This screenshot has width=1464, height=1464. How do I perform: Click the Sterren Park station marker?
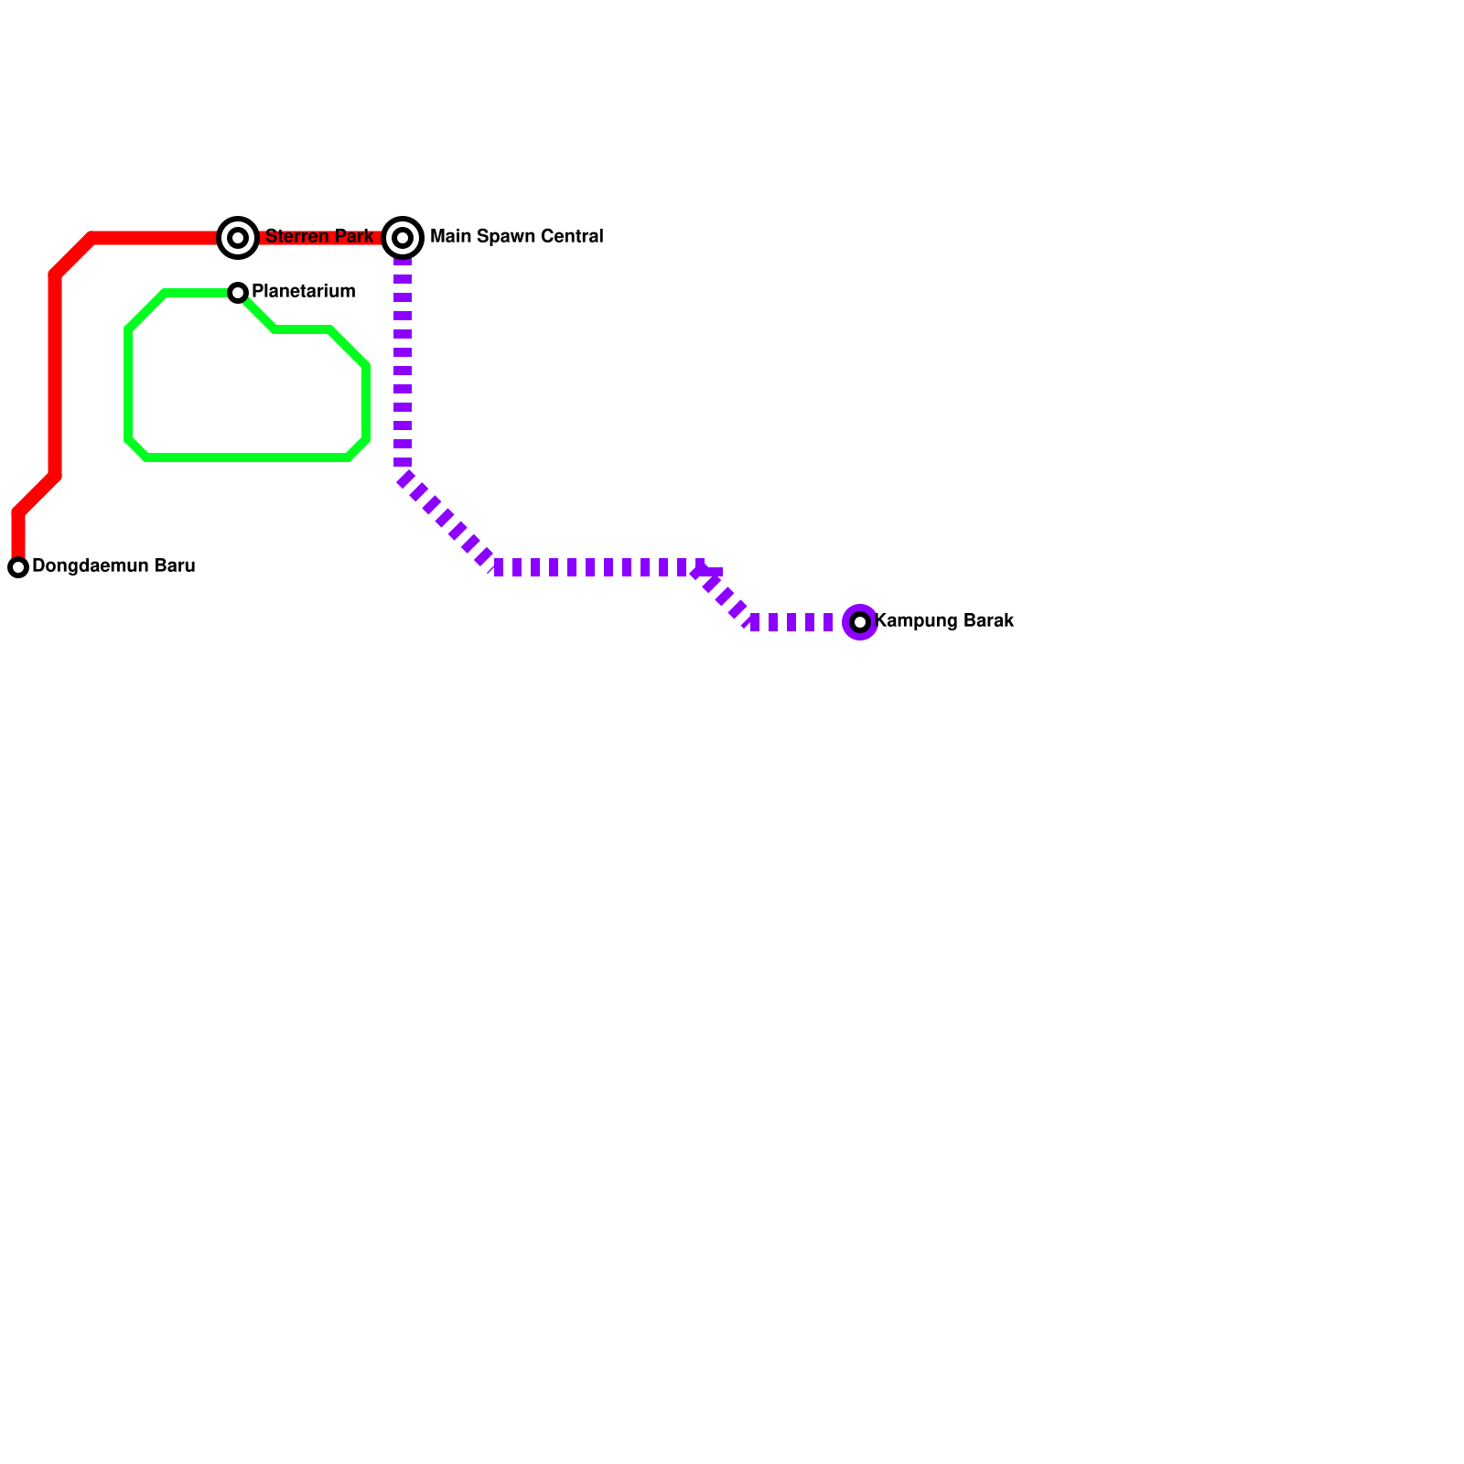(238, 238)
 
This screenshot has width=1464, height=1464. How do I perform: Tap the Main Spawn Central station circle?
(403, 238)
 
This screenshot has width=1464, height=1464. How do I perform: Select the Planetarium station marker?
(238, 293)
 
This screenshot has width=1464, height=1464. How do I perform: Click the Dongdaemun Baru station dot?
(18, 567)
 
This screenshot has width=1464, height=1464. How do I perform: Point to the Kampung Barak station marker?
(860, 622)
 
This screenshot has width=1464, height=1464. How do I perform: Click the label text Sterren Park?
(319, 237)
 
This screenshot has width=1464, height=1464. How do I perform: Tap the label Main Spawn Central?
(516, 237)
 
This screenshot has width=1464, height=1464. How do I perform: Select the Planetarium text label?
(303, 292)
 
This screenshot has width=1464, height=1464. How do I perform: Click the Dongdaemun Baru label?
(113, 566)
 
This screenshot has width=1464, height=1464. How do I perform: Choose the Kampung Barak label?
(944, 621)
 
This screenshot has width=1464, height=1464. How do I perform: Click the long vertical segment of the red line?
(55, 375)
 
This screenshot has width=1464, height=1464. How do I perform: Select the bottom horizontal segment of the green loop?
(247, 457)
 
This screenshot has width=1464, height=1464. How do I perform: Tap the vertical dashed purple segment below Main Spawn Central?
(403, 366)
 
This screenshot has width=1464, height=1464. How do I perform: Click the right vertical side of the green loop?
(366, 403)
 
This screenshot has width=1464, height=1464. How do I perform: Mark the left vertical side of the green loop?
(128, 384)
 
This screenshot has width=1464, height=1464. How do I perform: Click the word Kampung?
(917, 621)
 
